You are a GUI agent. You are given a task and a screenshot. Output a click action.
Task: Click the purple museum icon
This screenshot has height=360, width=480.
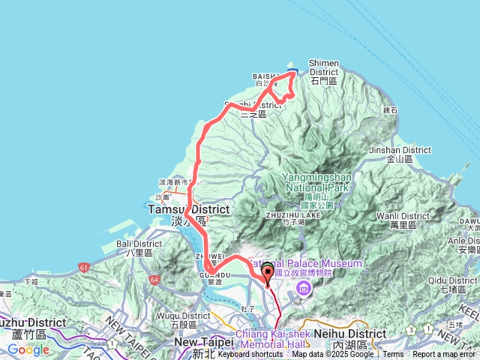(303, 289)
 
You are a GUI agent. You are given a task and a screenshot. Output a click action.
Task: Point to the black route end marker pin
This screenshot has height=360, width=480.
(268, 274)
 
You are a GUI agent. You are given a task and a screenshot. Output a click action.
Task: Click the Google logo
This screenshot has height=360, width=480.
(28, 349)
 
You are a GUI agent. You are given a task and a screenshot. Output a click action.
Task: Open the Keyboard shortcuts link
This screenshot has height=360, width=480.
(250, 355)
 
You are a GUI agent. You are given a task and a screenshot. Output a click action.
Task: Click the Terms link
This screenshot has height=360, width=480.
(393, 355)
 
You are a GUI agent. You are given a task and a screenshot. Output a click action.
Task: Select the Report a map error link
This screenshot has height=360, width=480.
(444, 355)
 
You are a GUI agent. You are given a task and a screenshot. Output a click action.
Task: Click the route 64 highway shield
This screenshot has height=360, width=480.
(154, 280)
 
